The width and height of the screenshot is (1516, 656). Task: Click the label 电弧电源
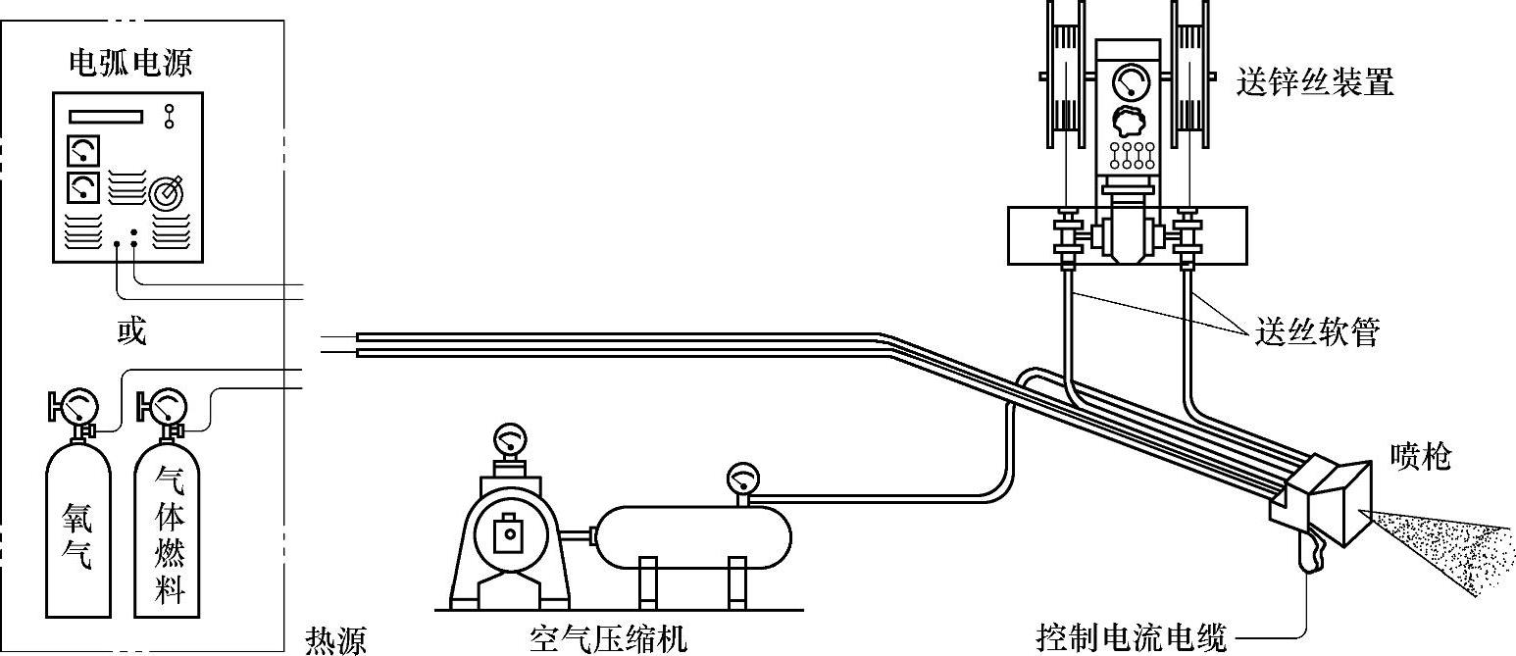[x=129, y=64]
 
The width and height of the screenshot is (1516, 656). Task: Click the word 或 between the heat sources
[x=130, y=332]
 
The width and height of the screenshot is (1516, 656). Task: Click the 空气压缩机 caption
[x=608, y=639]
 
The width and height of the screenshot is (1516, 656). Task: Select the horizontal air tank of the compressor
[x=693, y=535]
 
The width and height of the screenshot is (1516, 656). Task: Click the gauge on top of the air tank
[x=742, y=479]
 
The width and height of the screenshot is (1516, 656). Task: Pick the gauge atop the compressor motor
[x=510, y=437]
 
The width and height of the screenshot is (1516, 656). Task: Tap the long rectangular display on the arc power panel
[x=106, y=116]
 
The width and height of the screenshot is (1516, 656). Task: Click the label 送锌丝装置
[x=1314, y=81]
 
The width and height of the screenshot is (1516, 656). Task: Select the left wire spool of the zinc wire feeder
[x=1062, y=69]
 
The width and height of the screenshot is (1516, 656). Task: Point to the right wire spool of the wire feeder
[x=1189, y=69]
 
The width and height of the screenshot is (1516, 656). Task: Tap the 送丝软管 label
[x=1317, y=333]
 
